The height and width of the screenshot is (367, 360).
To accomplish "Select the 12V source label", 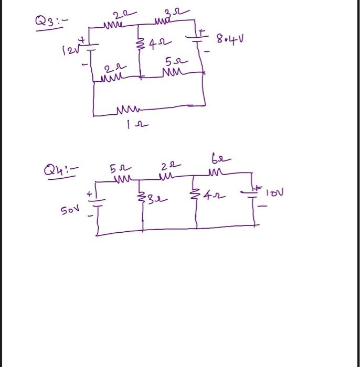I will tap(70, 50).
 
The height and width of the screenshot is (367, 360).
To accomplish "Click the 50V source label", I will tap(70, 210).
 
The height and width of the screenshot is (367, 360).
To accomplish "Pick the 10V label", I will tap(274, 193).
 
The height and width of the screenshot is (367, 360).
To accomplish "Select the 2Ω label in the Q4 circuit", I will tap(167, 166).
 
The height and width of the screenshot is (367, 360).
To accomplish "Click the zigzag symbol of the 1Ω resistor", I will tap(126, 110).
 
